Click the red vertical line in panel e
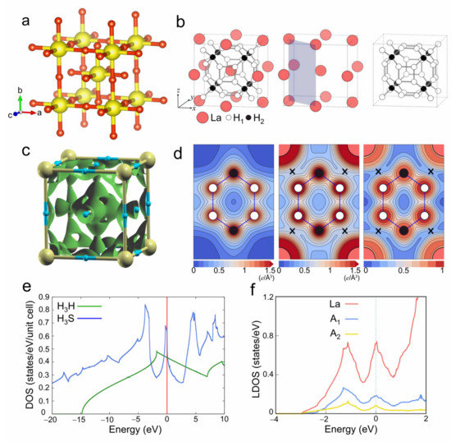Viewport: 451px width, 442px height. coord(167,353)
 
